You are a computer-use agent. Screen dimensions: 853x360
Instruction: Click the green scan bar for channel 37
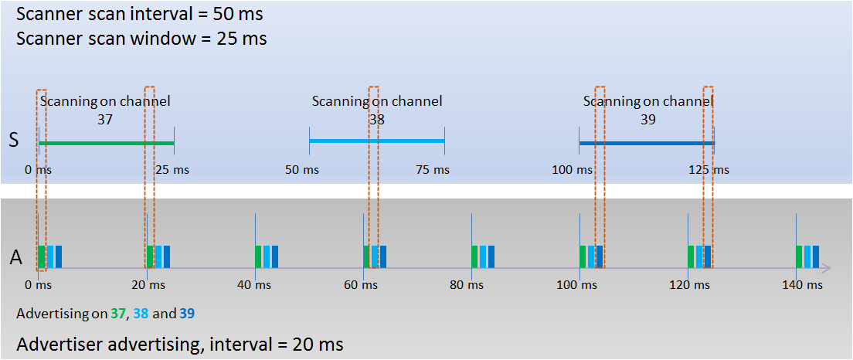pos(107,143)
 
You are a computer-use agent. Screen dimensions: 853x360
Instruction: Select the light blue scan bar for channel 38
pos(377,141)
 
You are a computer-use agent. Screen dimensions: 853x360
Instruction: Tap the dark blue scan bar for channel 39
pos(646,143)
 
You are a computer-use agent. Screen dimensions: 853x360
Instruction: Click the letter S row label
pos(14,141)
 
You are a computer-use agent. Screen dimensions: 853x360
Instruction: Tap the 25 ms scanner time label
pos(172,170)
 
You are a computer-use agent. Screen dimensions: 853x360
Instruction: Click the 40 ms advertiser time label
pos(254,284)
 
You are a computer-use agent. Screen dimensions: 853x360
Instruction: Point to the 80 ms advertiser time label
pos(471,284)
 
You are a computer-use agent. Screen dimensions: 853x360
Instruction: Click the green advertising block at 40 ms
pos(258,256)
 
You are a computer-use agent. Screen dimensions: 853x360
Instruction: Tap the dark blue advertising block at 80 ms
pos(491,256)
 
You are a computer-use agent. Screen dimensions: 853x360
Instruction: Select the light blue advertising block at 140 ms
pos(807,256)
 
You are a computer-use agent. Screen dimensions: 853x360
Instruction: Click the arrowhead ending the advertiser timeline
pos(826,267)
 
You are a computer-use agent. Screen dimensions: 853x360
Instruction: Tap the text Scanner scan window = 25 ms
pos(141,39)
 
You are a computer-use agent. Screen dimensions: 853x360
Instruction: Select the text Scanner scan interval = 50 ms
pos(140,14)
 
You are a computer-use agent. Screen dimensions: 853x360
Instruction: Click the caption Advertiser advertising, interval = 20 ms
pos(180,345)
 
